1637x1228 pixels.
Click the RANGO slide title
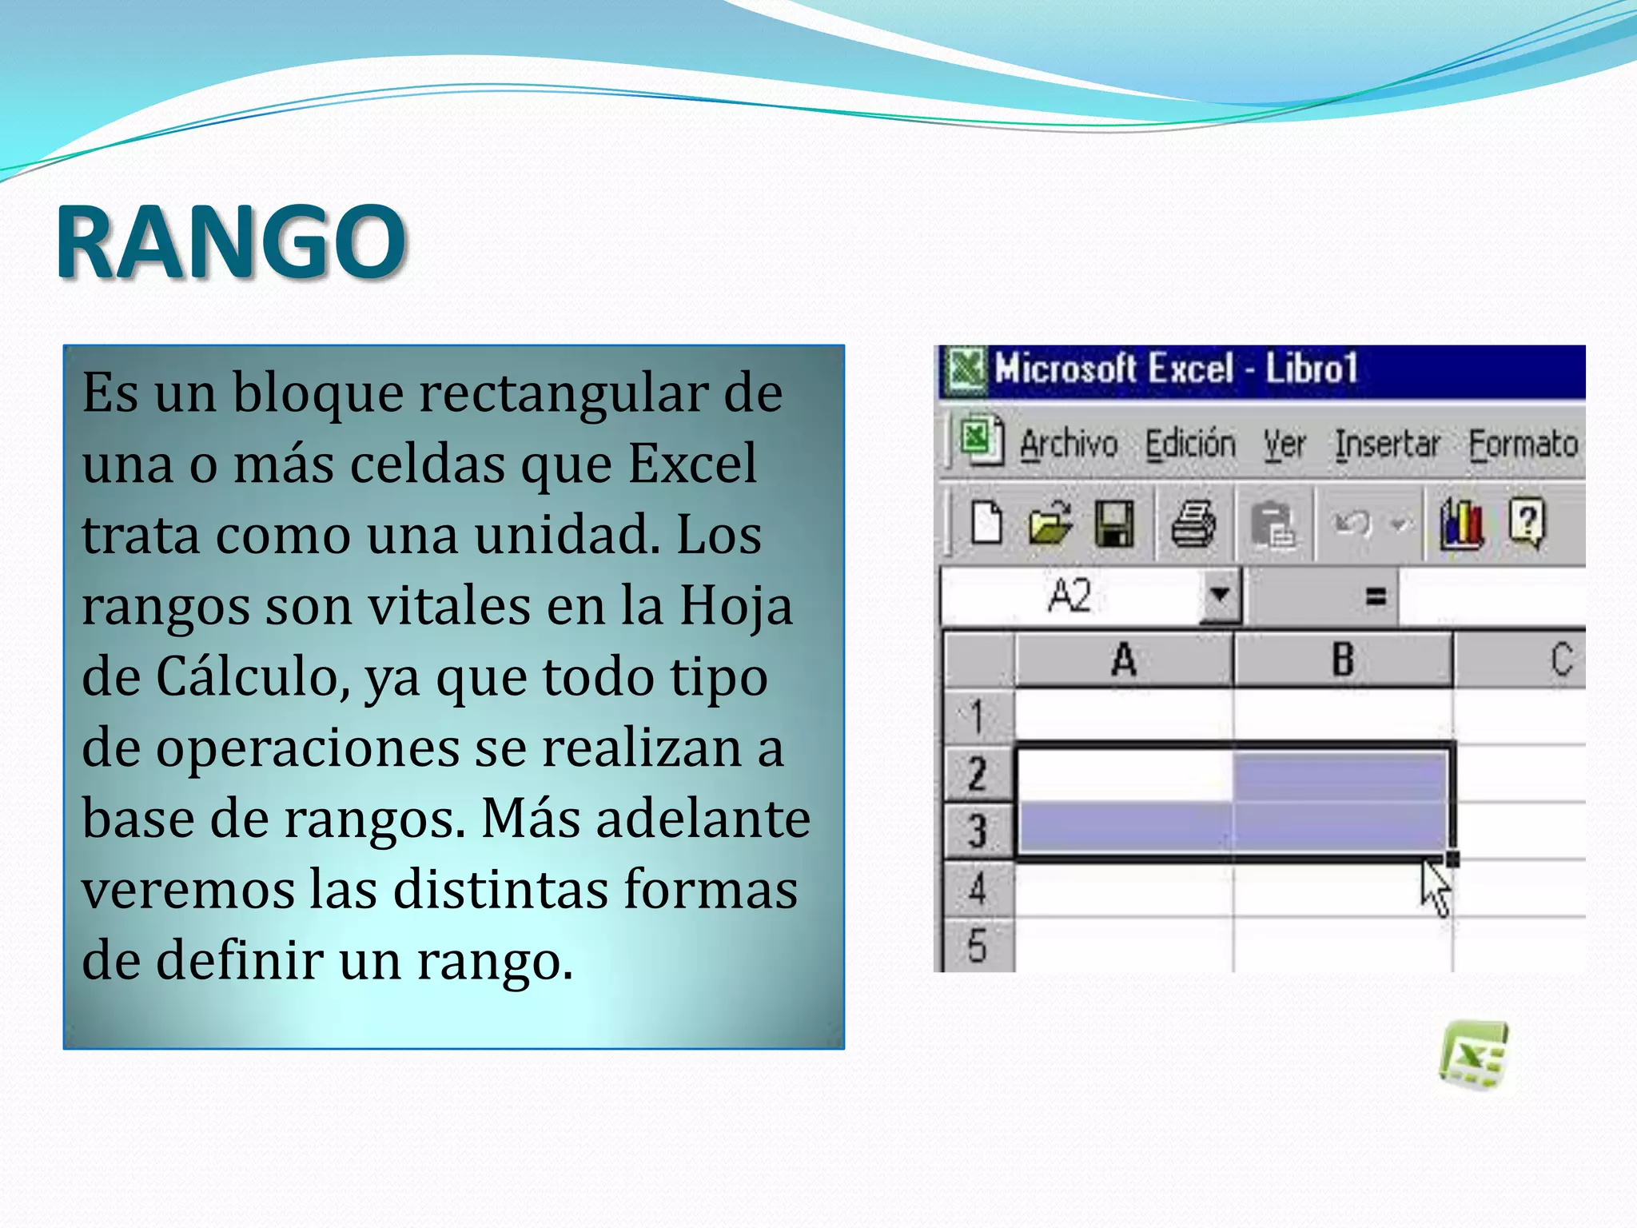[x=232, y=241]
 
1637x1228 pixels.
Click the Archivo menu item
[x=1069, y=445]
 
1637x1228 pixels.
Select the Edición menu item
[x=1190, y=445]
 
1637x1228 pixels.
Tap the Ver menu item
[x=1285, y=445]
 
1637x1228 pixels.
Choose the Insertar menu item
[x=1388, y=445]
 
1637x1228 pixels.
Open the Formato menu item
[x=1523, y=445]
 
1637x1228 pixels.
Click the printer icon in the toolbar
[x=1193, y=524]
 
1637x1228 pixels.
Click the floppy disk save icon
[x=1113, y=524]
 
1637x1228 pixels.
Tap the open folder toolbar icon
[x=1050, y=524]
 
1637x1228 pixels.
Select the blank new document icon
[x=986, y=523]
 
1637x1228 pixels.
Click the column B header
[x=1343, y=660]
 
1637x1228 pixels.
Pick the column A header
[x=1124, y=660]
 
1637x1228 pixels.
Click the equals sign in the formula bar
[x=1376, y=596]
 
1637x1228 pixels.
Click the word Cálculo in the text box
[x=252, y=677]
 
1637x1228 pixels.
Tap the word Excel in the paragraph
[x=692, y=464]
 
